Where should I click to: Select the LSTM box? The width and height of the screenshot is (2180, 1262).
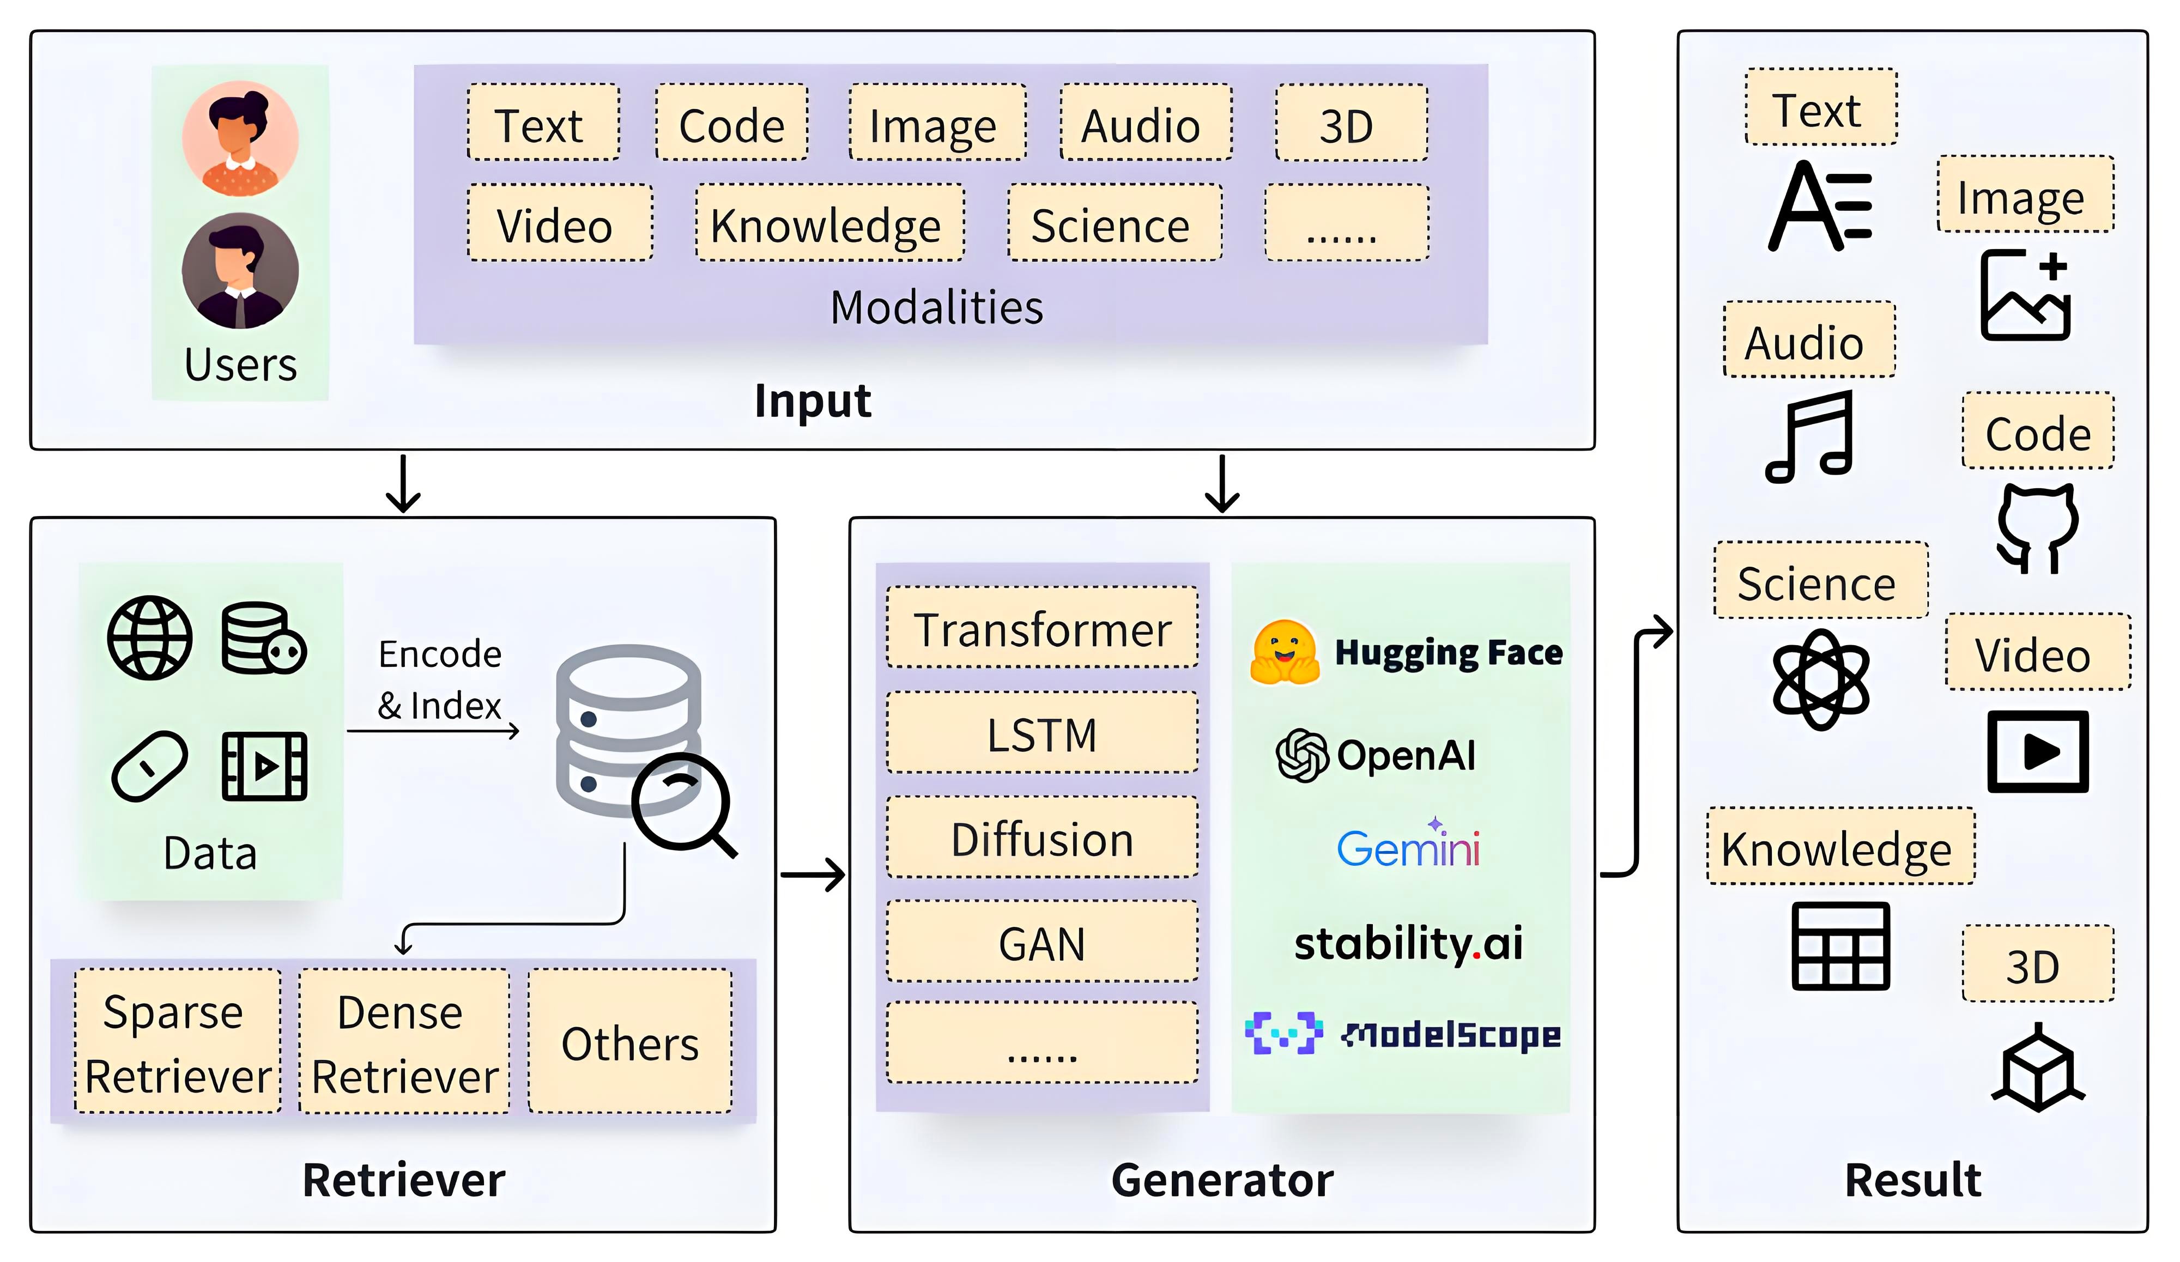coord(1043,733)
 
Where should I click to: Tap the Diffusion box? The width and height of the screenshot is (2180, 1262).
coord(1043,838)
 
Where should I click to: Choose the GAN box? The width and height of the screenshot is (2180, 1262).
coord(1043,942)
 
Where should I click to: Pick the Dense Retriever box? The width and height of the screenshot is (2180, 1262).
coord(404,1041)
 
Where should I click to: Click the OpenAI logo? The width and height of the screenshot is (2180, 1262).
coord(1376,755)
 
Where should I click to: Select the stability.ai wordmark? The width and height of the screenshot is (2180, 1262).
coord(1408,943)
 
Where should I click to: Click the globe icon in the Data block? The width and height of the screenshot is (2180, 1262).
coord(150,638)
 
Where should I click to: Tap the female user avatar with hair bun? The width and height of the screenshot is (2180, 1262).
coord(240,138)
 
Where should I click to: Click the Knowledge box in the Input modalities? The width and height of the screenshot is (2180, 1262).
coord(829,223)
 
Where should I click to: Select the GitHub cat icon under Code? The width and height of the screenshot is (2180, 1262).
coord(2037,527)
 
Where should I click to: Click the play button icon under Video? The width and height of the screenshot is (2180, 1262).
coord(2038,751)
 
